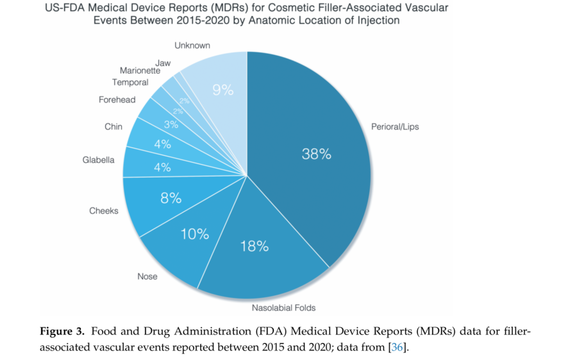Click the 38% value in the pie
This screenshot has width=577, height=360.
pos(316,154)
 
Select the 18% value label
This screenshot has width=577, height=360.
pos(254,246)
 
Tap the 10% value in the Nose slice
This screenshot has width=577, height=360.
pos(194,234)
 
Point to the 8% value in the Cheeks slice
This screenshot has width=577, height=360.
pos(171,199)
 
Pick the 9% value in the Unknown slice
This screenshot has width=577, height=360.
pos(222,90)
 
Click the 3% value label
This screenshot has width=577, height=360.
pos(171,124)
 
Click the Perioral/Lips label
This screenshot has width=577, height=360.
pos(395,127)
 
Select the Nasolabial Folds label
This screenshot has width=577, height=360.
pos(284,308)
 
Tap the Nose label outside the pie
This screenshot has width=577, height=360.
pos(147,277)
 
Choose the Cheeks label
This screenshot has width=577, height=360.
pos(104,211)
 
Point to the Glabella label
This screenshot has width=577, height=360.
pos(99,160)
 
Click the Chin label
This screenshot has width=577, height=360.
pos(113,127)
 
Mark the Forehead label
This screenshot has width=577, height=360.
pos(117,100)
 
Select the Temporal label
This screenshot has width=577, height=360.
pos(130,83)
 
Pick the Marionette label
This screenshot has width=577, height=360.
pos(139,70)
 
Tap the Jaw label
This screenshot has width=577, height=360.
pos(163,62)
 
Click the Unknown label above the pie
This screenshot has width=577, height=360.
pos(192,45)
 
